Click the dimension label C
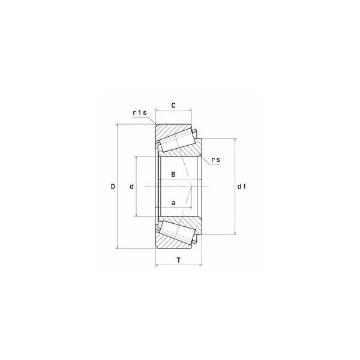point(173,106)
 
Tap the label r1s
point(140,113)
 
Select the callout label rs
point(215,160)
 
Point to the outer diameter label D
point(113,187)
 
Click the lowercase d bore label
point(131,187)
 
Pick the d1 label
point(242,187)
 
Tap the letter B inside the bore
point(173,175)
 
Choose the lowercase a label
point(173,203)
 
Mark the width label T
point(179,260)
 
